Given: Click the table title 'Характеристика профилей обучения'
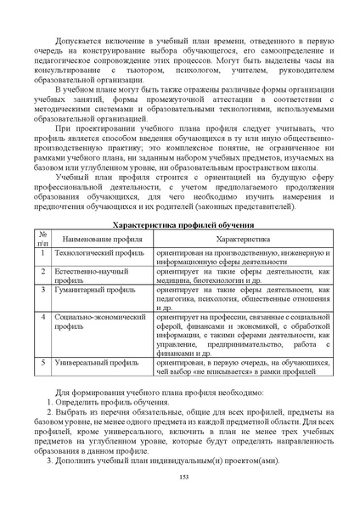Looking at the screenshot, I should pos(184,225).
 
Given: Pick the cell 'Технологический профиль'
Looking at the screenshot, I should pos(92,254).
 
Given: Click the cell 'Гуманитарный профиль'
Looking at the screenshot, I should pos(88,292).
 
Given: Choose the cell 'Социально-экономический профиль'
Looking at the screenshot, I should pos(94,321).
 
